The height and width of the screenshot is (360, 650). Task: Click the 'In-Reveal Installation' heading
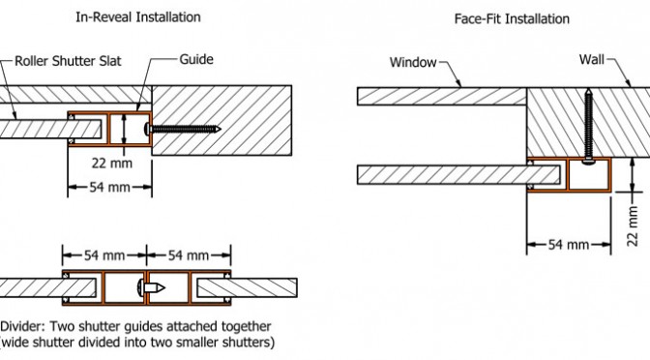coord(138,17)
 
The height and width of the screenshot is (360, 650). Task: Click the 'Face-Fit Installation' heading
coord(512,19)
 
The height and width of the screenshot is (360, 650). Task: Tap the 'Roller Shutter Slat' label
coord(68,61)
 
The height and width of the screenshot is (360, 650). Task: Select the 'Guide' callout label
coord(196,59)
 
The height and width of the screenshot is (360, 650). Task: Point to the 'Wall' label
coord(592,60)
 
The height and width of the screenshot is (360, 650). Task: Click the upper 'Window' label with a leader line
coord(413,63)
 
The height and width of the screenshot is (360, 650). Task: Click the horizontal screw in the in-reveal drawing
coord(183,129)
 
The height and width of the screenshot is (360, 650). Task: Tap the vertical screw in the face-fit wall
coord(589,127)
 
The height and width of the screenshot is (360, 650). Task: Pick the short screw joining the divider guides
coord(151,287)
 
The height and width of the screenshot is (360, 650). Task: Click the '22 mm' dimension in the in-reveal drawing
coord(112,163)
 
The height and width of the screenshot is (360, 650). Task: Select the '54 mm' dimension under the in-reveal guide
coord(110,187)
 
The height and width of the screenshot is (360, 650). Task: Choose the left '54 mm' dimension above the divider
coord(104,255)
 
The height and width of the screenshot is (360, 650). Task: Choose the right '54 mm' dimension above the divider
coord(189,255)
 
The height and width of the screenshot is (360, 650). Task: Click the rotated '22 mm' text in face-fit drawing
coord(633,226)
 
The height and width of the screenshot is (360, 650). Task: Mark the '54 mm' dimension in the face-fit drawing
coord(569,245)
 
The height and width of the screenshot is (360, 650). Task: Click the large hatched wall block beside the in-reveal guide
coord(222,121)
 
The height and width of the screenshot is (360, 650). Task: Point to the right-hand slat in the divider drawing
coord(247,287)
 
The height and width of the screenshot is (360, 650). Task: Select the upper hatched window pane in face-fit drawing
coord(442,96)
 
